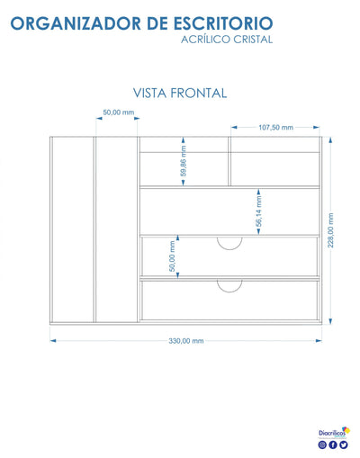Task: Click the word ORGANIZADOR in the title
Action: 76,23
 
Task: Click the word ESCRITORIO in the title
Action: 223,23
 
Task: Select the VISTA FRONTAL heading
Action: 180,93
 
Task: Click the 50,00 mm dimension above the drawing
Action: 119,112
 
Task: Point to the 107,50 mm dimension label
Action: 275,128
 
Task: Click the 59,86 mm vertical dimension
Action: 184,161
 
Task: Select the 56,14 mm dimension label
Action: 258,211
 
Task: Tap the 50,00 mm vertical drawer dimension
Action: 172,256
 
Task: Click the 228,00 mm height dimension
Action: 330,230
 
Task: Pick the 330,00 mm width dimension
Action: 186,341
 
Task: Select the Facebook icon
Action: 333,445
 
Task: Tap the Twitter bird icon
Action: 344,445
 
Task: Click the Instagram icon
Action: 322,445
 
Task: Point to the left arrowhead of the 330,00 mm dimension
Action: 53,341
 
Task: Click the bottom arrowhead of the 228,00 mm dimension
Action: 330,321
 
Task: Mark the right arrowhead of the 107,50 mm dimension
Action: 316,128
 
